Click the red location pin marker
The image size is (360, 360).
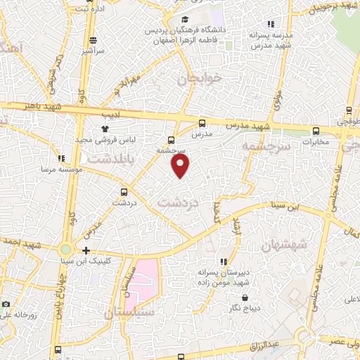[x=181, y=165]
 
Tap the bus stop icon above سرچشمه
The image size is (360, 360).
[x=172, y=139]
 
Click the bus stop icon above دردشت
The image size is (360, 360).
[x=124, y=191]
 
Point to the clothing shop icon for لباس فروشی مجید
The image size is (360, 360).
[x=105, y=129]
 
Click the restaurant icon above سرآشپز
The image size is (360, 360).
[x=93, y=39]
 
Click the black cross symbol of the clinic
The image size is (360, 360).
[x=86, y=250]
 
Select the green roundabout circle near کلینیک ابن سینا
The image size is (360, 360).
[x=65, y=249]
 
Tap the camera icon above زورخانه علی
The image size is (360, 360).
[x=6, y=304]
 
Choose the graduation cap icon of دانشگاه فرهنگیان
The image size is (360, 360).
[x=184, y=20]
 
